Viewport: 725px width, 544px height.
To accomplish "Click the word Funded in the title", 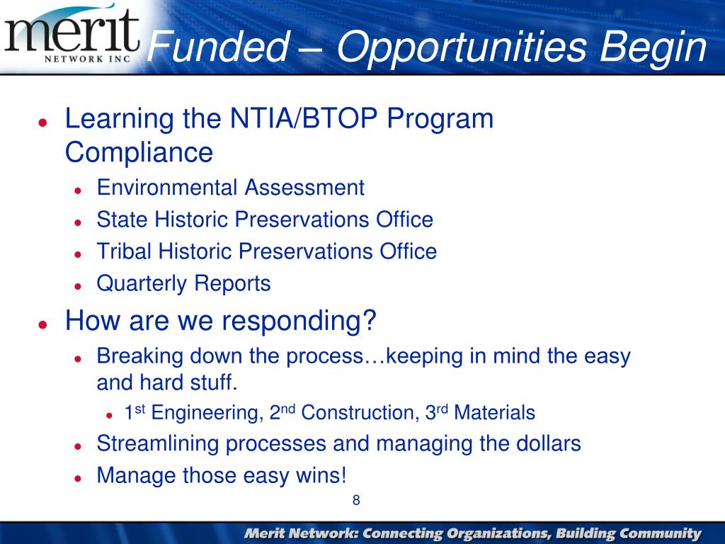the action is pyautogui.click(x=217, y=46).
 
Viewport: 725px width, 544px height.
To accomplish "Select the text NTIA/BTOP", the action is pyautogui.click(x=304, y=118).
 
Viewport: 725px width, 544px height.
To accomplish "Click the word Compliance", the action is pyautogui.click(x=139, y=152).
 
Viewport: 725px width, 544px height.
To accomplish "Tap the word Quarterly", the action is pyautogui.click(x=141, y=283).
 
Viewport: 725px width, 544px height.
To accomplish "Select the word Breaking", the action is pyautogui.click(x=139, y=357).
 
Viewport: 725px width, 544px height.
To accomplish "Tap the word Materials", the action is pyautogui.click(x=495, y=412).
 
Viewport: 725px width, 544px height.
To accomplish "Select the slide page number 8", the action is pyautogui.click(x=356, y=500).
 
